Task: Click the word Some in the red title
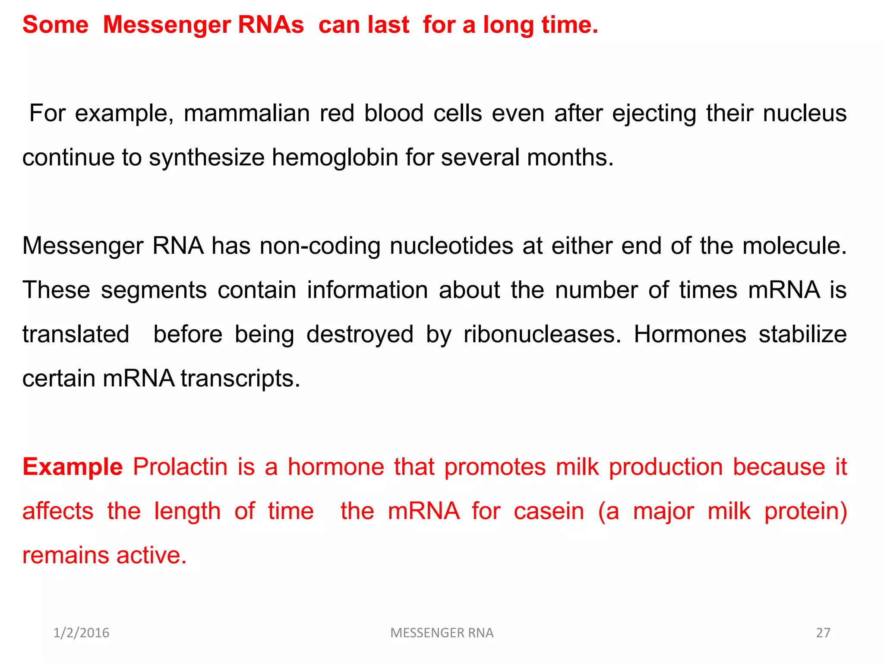pyautogui.click(x=55, y=25)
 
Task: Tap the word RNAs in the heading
pyautogui.click(x=271, y=25)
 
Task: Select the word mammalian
pyautogui.click(x=246, y=114)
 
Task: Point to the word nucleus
pyautogui.click(x=805, y=114)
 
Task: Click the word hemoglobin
pyautogui.click(x=335, y=158)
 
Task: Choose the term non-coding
pyautogui.click(x=320, y=246)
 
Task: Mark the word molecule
pyautogui.click(x=794, y=246)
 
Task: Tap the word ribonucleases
pyautogui.click(x=542, y=335)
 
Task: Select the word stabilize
pyautogui.click(x=802, y=335)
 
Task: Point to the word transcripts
pyautogui.click(x=240, y=379)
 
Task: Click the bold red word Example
pyautogui.click(x=73, y=467)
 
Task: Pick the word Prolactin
pyautogui.click(x=180, y=467)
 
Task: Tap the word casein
pyautogui.click(x=549, y=511)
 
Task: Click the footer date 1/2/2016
pyautogui.click(x=81, y=633)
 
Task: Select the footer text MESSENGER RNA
pyautogui.click(x=442, y=633)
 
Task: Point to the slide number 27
pyautogui.click(x=823, y=633)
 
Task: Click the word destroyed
pyautogui.click(x=360, y=335)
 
